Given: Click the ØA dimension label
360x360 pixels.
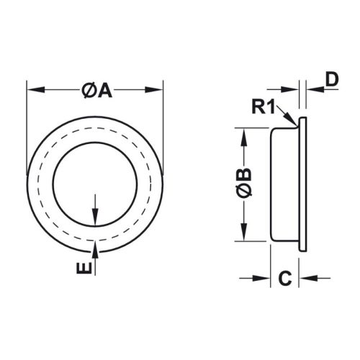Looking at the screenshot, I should pyautogui.click(x=95, y=91).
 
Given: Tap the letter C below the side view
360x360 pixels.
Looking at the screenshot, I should pyautogui.click(x=284, y=278).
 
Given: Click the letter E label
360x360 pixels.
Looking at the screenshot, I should pyautogui.click(x=85, y=269).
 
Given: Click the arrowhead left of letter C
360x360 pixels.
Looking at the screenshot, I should pyautogui.click(x=264, y=278).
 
